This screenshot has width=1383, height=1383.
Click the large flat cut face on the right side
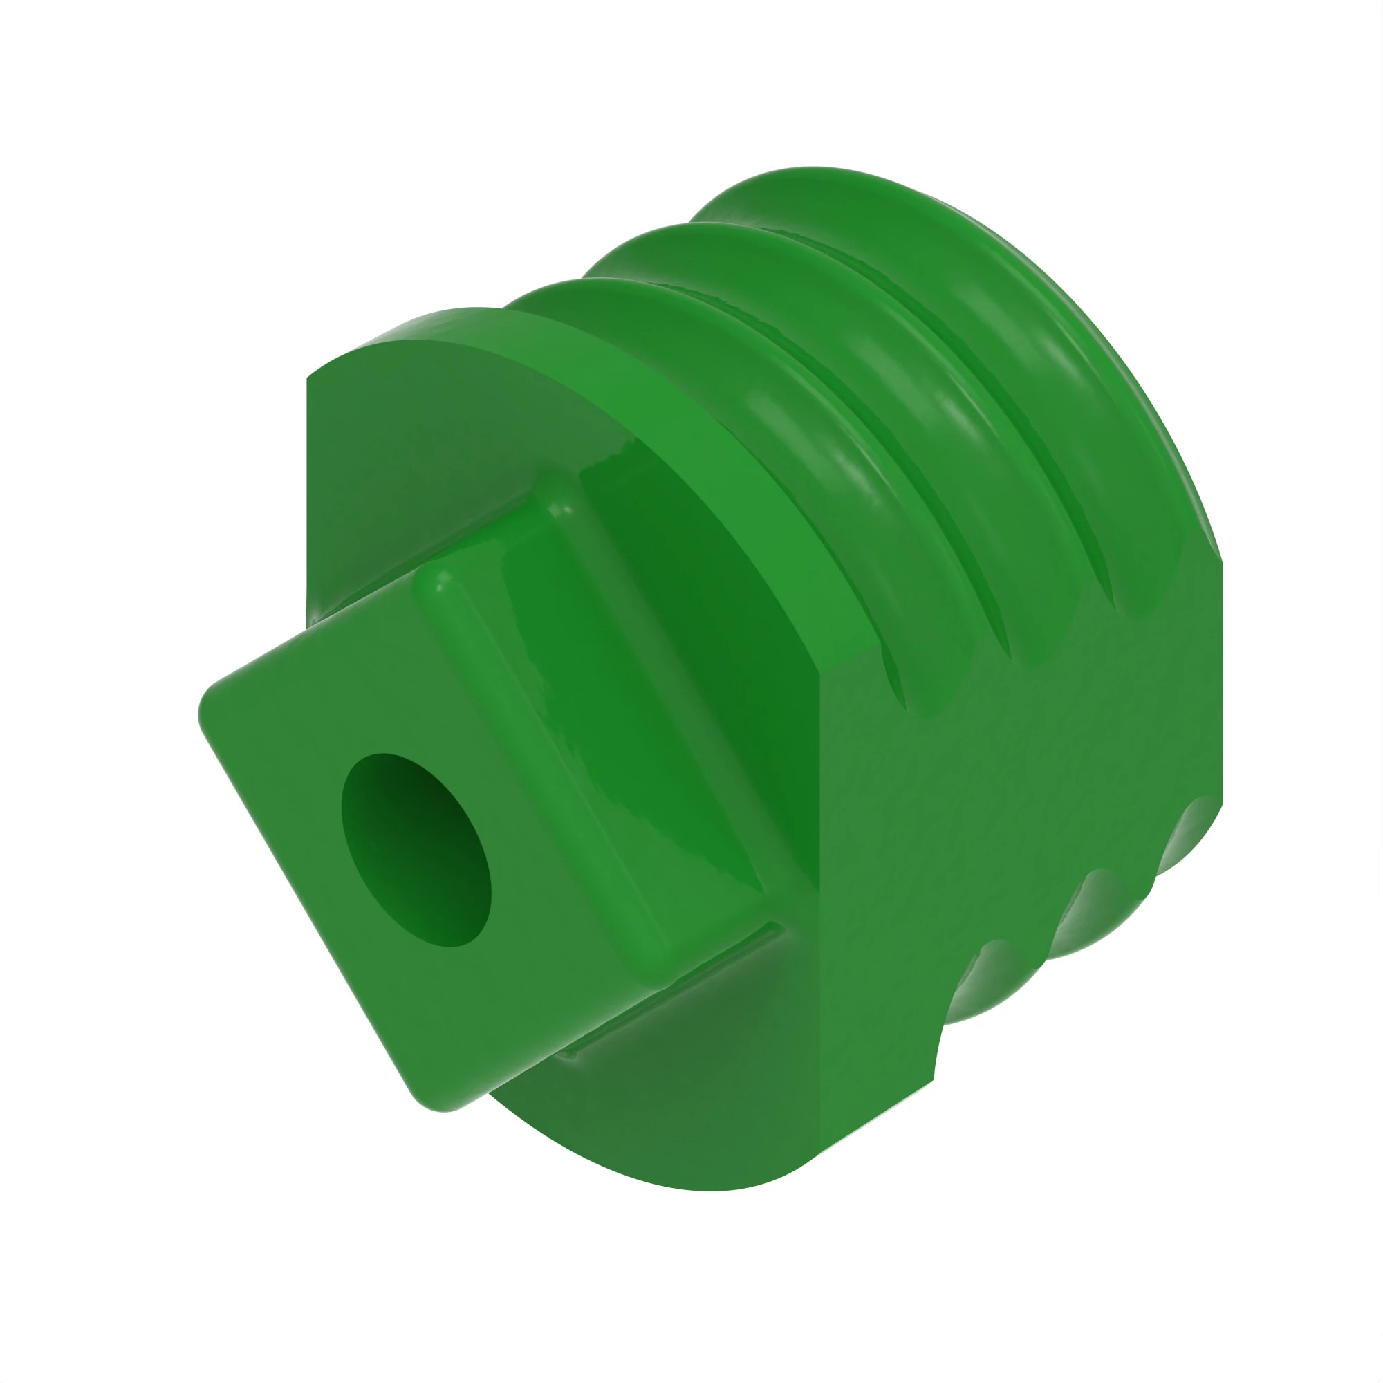pyautogui.click(x=1002, y=823)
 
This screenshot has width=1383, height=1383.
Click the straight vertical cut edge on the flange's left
pyautogui.click(x=307, y=501)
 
